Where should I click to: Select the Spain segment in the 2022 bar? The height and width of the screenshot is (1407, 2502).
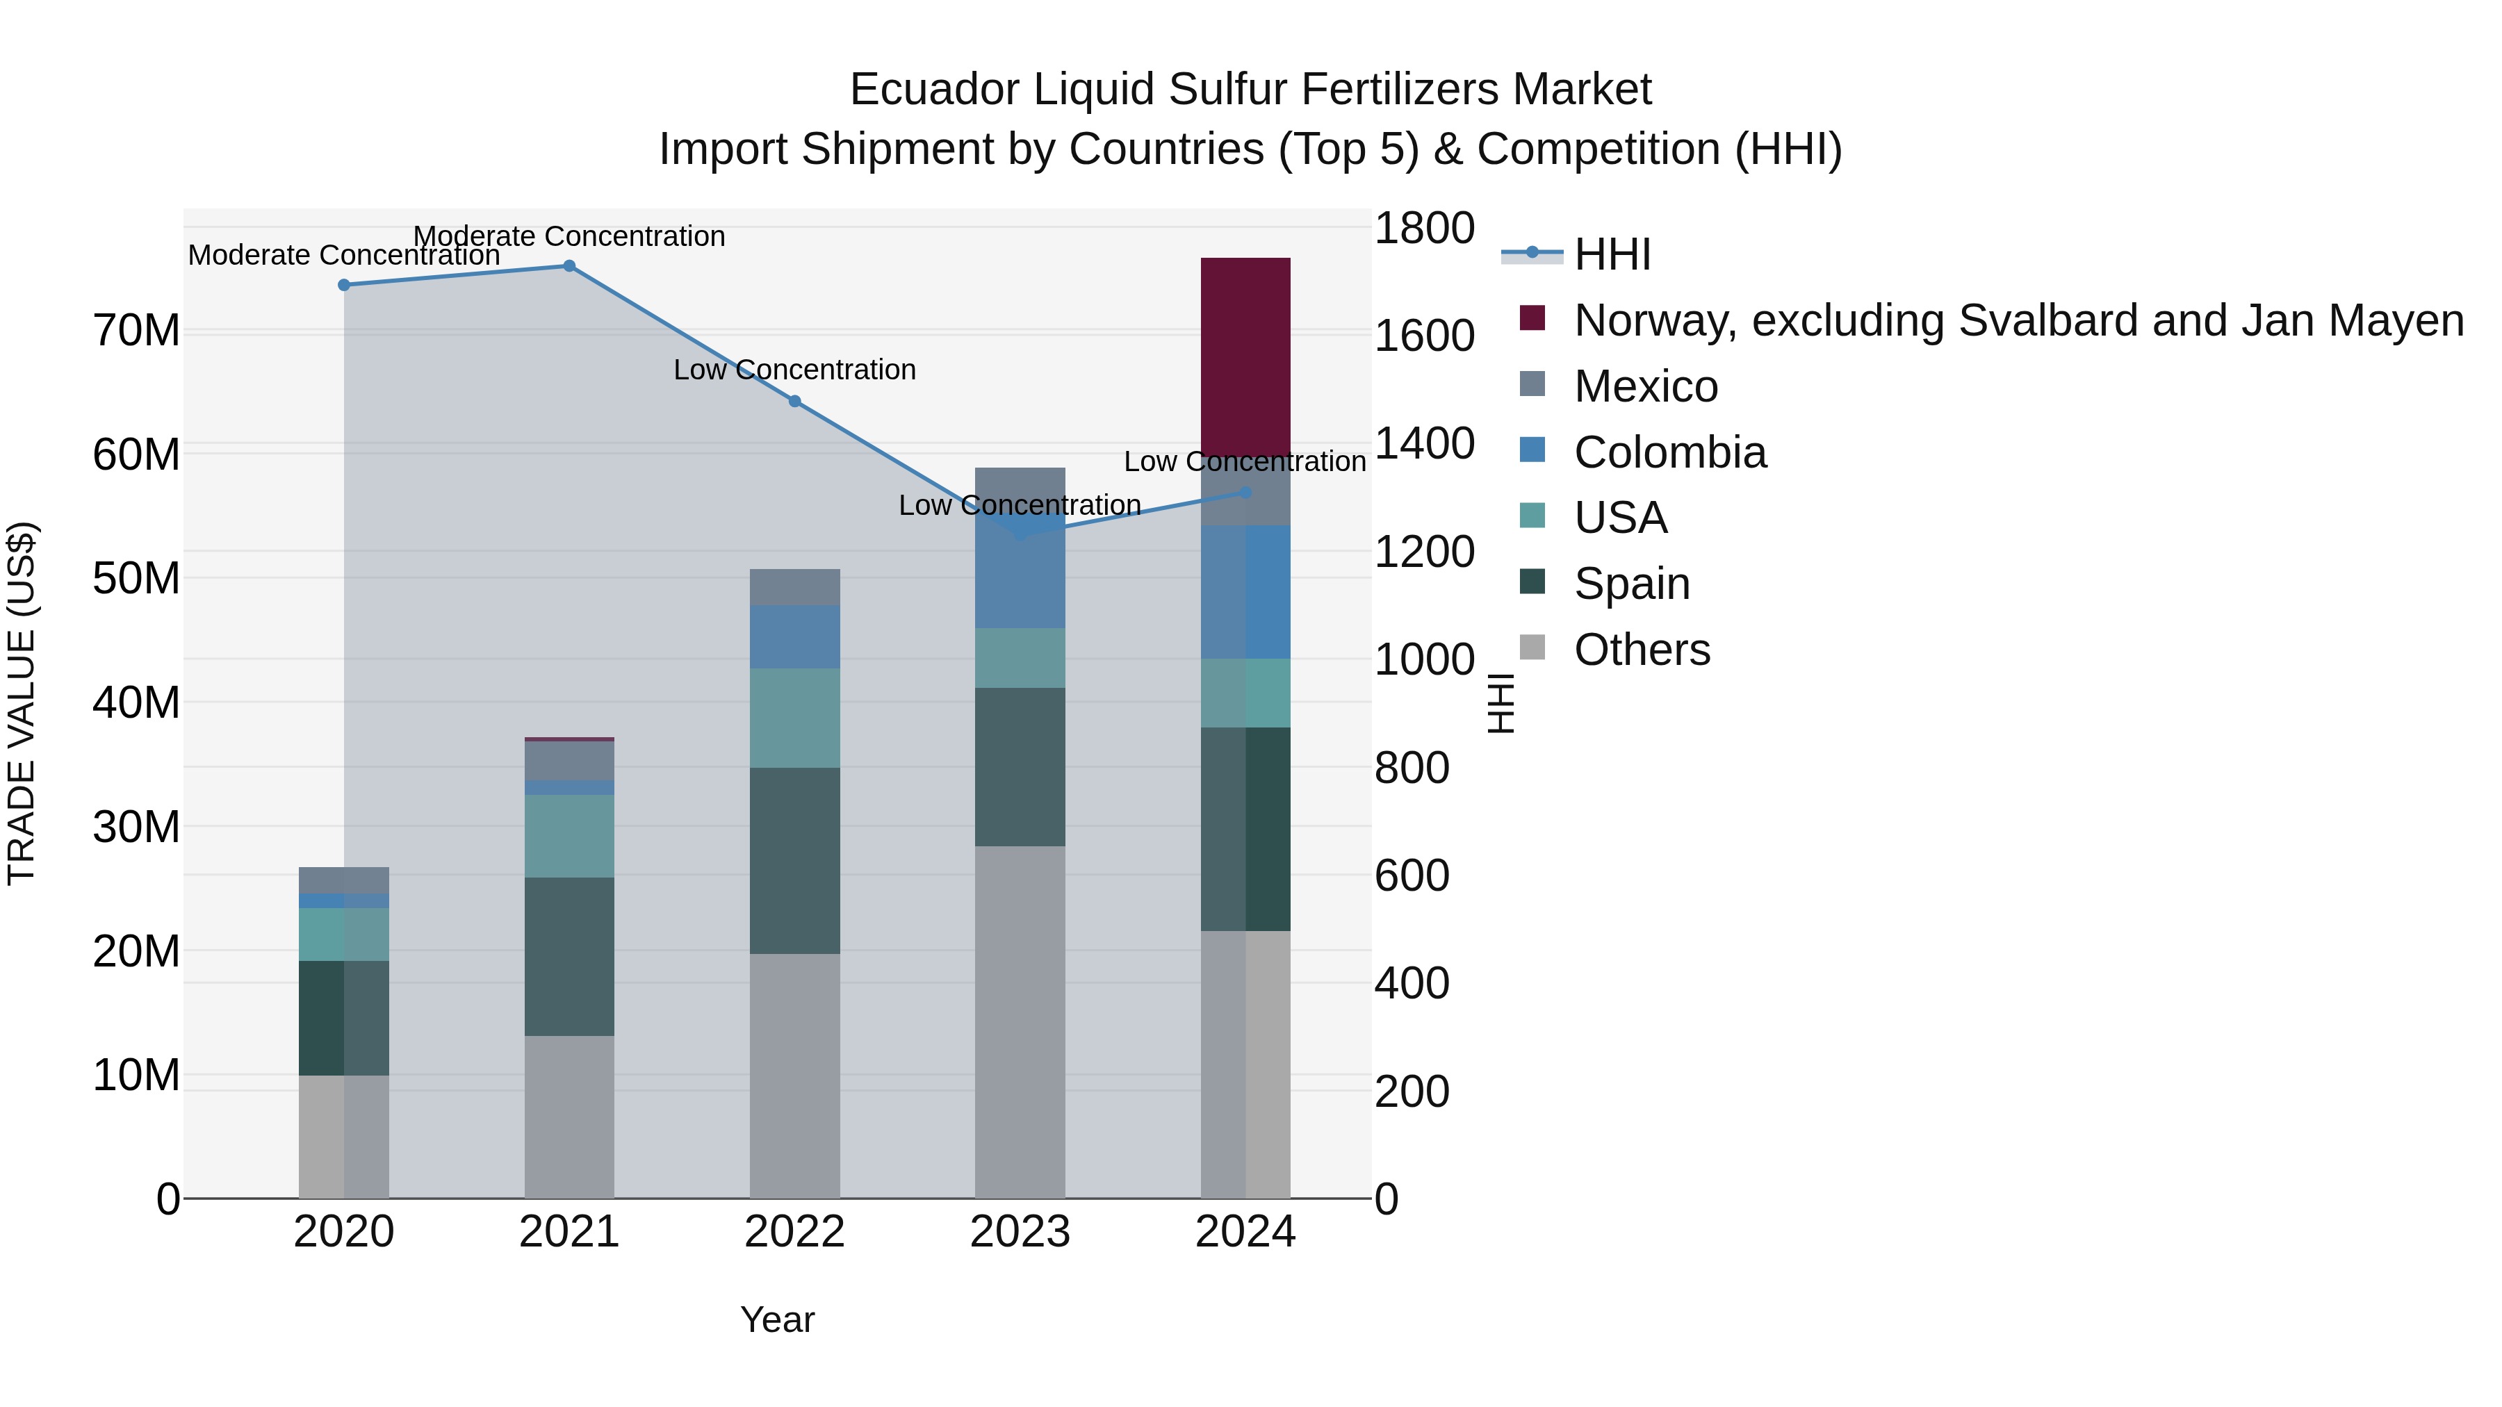[794, 860]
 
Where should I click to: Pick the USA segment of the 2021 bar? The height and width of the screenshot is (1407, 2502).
[569, 836]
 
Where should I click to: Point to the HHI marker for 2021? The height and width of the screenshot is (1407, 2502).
[569, 266]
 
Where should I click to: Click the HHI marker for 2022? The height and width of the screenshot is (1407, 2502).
[794, 401]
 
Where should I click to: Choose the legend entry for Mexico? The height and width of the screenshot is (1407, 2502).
[1645, 386]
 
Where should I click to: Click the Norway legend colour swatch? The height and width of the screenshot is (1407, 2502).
[1532, 318]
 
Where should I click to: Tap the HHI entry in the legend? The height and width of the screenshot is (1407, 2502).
[1612, 254]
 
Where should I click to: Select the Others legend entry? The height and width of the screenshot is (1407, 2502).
[1642, 650]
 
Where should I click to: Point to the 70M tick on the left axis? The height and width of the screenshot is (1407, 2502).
[136, 331]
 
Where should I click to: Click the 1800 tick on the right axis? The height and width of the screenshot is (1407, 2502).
[1424, 229]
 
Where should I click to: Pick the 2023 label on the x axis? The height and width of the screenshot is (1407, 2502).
[1020, 1232]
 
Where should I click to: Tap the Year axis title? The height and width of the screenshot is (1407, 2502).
[777, 1319]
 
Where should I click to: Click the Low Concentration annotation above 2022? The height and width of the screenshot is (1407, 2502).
[794, 370]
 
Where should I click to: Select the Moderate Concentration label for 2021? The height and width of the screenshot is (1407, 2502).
[569, 236]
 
